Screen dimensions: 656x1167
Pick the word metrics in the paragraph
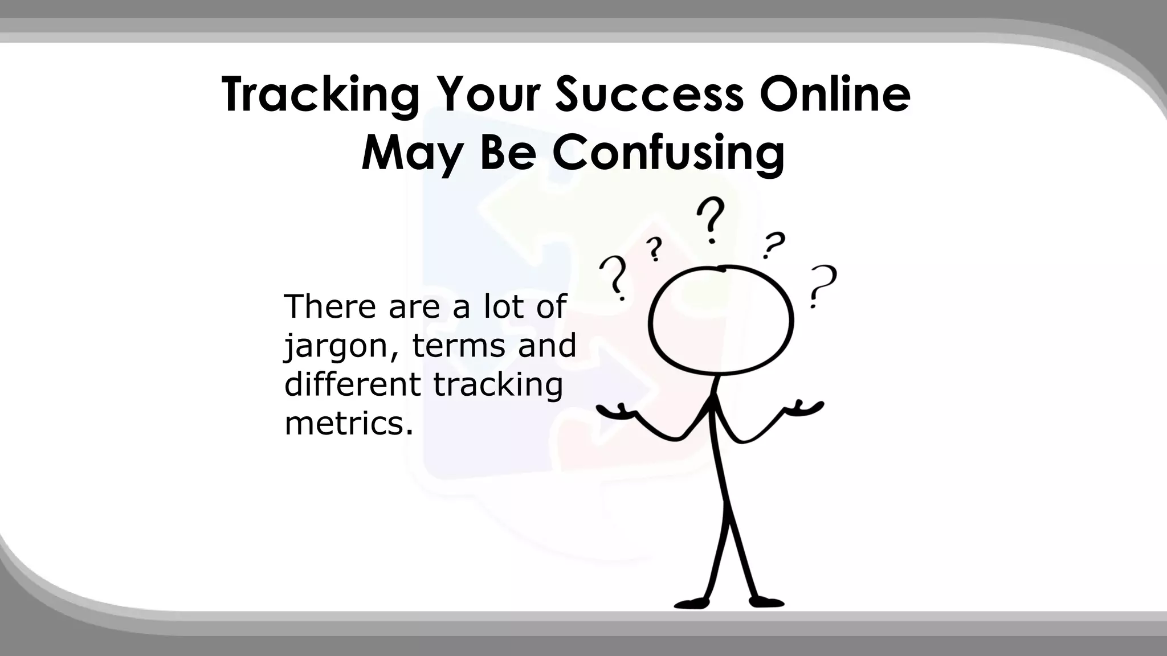(348, 424)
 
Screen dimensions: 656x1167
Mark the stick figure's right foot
(766, 601)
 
